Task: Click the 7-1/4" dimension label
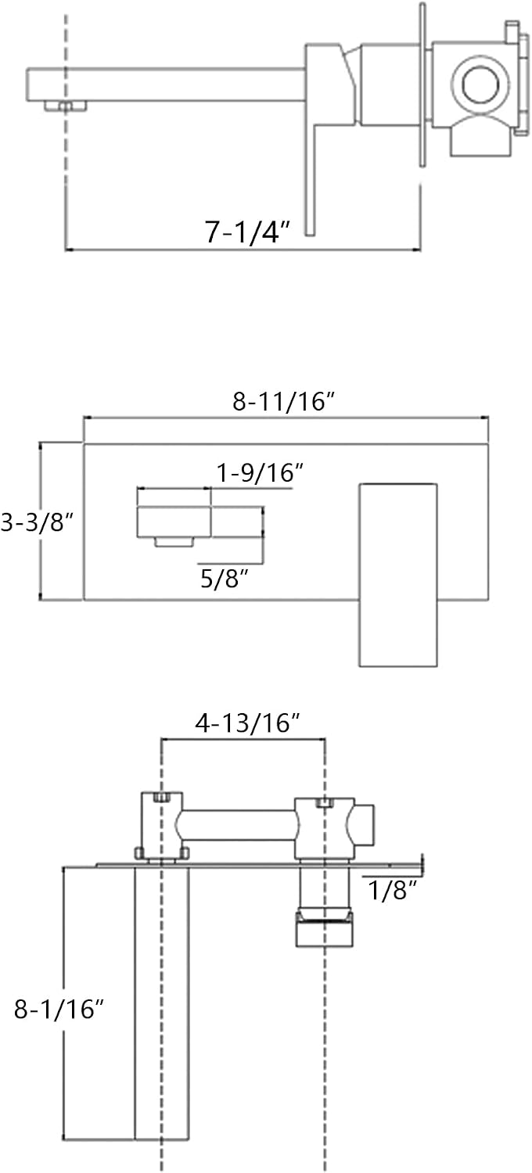(x=247, y=231)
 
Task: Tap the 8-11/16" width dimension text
(x=283, y=402)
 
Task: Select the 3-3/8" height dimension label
(x=38, y=522)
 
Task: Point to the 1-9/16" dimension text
(x=261, y=473)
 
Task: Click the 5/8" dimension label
(x=225, y=579)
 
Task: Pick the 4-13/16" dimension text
(x=247, y=723)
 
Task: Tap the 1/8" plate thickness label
(x=393, y=890)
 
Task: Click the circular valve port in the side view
(x=480, y=83)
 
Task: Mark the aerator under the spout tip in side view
(x=65, y=106)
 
